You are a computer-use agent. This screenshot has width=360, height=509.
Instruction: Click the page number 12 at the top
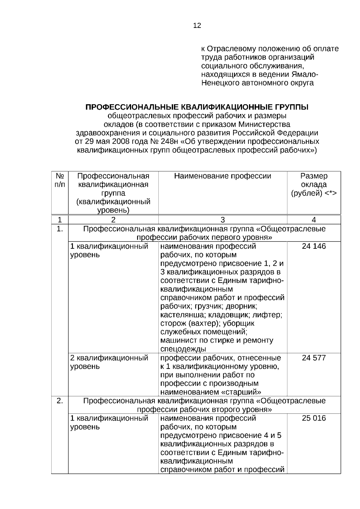[197, 26]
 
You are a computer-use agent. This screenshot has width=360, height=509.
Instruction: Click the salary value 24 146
[314, 247]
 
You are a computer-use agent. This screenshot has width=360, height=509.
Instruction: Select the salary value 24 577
[314, 358]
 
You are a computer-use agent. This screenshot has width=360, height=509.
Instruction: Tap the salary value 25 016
[314, 418]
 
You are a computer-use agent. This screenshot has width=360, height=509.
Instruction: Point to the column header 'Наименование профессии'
[223, 176]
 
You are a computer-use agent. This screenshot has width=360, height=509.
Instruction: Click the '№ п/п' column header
[60, 180]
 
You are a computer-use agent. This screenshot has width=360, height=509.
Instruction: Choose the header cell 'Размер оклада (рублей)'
[314, 184]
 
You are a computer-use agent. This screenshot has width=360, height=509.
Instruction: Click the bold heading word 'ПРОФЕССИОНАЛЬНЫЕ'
[132, 107]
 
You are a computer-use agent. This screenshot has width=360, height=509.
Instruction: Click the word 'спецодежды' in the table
[183, 349]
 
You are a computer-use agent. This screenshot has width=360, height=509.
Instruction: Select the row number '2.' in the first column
[60, 401]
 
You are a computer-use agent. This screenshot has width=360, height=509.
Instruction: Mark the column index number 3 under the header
[223, 220]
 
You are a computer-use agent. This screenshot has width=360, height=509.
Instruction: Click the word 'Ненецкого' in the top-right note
[220, 83]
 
